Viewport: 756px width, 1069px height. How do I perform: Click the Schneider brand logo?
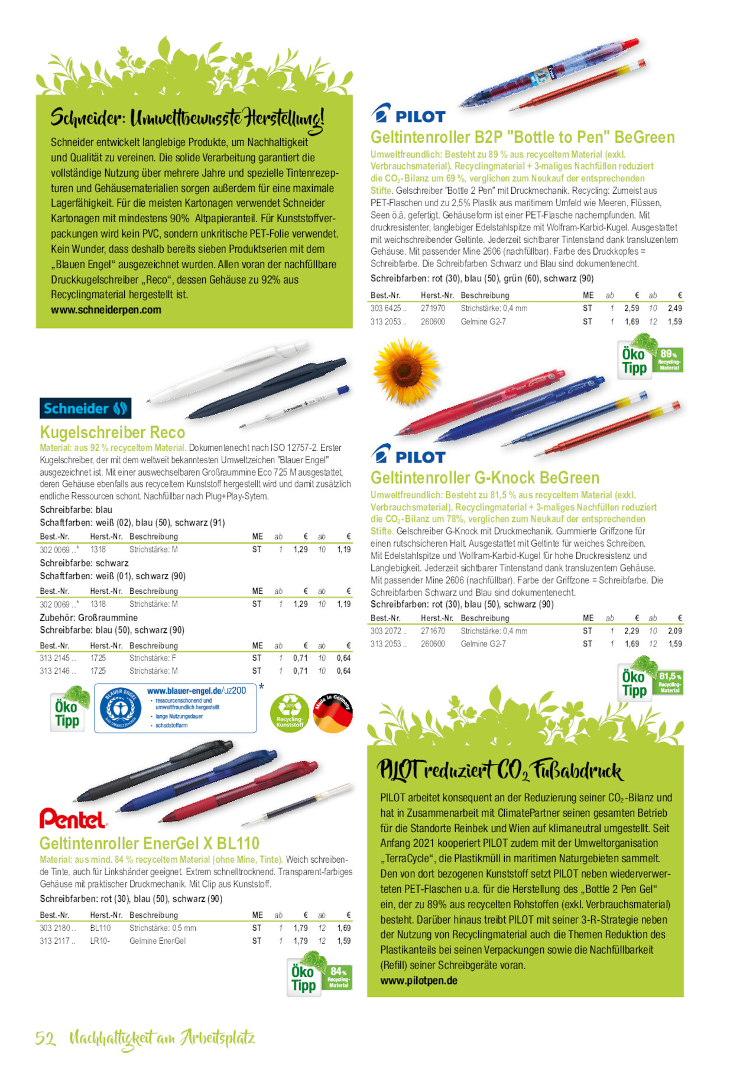tap(86, 408)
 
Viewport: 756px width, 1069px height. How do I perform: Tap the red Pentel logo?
tap(73, 819)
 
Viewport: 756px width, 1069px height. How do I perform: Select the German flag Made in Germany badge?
tap(333, 713)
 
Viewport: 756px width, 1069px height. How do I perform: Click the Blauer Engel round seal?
tap(120, 708)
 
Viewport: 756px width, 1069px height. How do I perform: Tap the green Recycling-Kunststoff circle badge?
tap(290, 713)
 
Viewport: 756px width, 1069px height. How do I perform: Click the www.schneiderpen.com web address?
tap(106, 310)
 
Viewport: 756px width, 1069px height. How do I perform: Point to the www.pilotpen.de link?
tap(418, 981)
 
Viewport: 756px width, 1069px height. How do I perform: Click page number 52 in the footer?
tap(46, 1038)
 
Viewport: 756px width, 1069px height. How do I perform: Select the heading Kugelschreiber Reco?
tap(112, 433)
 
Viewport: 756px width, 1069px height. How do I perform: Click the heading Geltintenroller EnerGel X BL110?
tap(150, 843)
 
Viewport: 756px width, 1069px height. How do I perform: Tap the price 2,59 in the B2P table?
tap(631, 308)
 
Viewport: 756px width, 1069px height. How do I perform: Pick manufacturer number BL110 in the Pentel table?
tap(100, 928)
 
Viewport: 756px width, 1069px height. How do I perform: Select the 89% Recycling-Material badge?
tap(669, 359)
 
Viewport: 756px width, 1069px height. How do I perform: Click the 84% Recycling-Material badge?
tap(338, 977)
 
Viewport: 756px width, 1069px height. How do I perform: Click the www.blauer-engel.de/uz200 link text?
tap(196, 690)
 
